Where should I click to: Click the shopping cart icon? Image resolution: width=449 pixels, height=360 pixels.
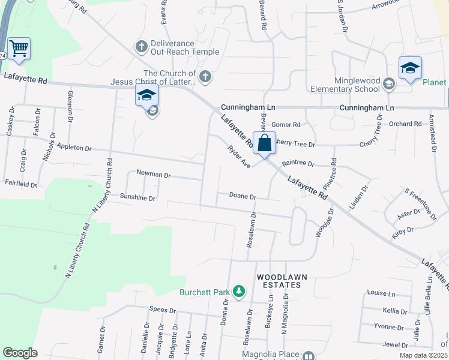19,48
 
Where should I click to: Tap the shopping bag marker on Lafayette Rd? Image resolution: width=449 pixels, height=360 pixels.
264,143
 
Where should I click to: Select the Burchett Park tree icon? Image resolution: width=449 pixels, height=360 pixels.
239,292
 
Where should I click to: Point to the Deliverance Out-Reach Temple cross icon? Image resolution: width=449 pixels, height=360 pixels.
142,46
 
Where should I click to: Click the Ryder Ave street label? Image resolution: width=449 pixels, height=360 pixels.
238,155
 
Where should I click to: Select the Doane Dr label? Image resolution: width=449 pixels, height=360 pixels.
243,196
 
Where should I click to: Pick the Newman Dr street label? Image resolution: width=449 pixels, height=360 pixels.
154,174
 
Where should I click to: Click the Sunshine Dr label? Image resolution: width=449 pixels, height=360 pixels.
137,197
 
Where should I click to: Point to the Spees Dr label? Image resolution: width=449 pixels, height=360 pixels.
163,311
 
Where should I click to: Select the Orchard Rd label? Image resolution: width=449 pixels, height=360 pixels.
405,124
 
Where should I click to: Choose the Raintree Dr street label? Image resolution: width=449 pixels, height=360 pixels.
298,163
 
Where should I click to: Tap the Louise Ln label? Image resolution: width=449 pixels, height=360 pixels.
381,294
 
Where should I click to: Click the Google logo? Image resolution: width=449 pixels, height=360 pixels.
20,353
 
